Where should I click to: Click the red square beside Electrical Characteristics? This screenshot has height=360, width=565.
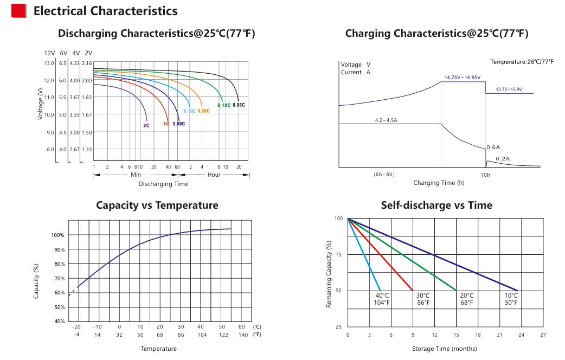19,11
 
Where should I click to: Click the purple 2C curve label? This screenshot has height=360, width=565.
146,125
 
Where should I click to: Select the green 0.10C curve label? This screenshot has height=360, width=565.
224,105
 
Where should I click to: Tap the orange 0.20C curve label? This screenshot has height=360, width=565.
203,111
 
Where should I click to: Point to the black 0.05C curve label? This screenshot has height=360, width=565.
239,105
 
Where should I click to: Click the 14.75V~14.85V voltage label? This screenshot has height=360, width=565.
463,78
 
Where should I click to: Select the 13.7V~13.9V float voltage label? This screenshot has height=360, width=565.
509,89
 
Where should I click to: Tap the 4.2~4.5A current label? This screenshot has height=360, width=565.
386,120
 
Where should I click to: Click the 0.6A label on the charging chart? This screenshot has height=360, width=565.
493,147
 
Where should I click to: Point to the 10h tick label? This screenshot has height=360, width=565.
485,175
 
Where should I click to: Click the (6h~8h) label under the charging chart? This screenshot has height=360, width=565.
384,175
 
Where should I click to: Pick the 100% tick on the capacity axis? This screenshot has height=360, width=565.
57,235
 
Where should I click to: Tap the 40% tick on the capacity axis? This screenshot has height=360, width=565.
60,321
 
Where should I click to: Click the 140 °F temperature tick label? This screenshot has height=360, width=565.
243,335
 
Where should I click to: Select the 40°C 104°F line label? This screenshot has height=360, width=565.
382,299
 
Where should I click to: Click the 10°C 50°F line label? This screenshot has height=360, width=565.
511,299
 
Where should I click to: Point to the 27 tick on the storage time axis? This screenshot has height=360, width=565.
543,335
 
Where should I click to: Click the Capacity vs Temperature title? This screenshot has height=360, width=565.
157,205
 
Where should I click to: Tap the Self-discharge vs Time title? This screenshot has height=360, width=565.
436,205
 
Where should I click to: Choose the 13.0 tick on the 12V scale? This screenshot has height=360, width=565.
49,63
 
